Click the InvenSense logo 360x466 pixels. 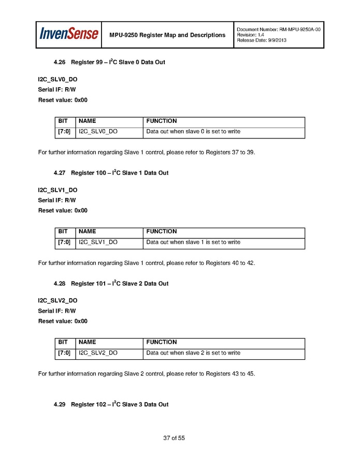pos(69,34)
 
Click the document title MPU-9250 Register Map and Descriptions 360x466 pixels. pos(167,35)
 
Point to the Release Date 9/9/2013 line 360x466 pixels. pos(262,40)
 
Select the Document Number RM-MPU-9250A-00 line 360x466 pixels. pos(279,30)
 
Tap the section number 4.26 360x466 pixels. pos(60,63)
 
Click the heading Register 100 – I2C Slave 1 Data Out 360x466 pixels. pos(120,173)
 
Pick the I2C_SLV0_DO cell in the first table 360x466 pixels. pos(98,132)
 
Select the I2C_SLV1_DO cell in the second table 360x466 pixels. pos(98,243)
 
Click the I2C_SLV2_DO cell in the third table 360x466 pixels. pos(98,353)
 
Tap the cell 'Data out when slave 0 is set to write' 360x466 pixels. pos(193,132)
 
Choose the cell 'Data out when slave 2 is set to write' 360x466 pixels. pos(193,353)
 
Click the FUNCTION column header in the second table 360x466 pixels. pos(162,232)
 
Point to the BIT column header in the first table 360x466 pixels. pos(63,121)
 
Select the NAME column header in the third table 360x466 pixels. pos(87,342)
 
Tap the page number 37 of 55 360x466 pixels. pos(174,438)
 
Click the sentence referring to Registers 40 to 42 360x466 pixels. pos(147,263)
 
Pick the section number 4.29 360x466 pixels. pos(60,404)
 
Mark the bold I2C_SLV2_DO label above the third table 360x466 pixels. pos(57,301)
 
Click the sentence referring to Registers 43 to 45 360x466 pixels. pos(147,374)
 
